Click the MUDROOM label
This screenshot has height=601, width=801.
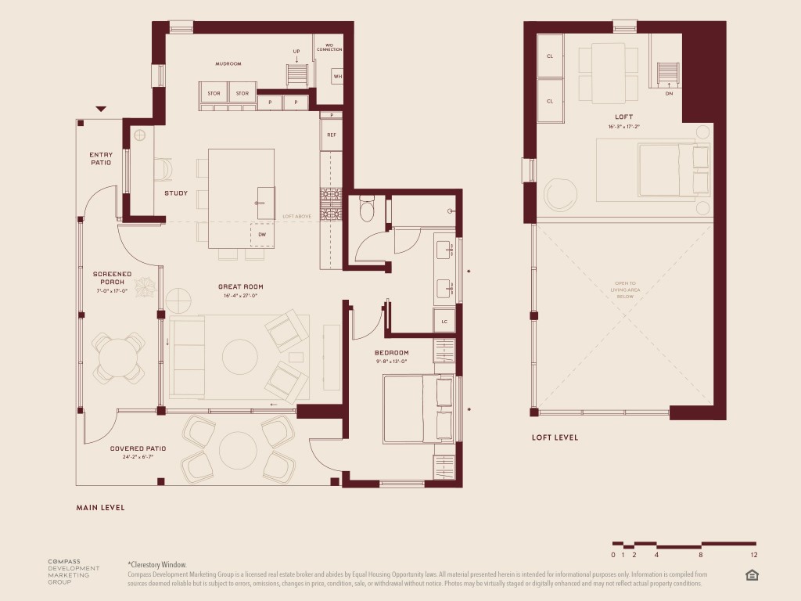(x=228, y=63)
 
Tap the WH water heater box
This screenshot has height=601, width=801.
(x=337, y=77)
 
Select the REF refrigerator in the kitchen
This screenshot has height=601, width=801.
(x=331, y=135)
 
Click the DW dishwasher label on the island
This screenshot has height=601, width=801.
(x=261, y=233)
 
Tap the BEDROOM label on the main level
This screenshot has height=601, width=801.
(x=391, y=353)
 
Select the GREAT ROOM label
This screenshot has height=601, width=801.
(x=239, y=287)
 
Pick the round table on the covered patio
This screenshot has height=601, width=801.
(x=238, y=450)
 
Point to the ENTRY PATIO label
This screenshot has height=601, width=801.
(x=100, y=158)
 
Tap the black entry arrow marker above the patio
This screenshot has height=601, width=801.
(x=100, y=110)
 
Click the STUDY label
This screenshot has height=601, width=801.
(x=176, y=193)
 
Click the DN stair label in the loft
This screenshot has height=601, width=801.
(x=669, y=93)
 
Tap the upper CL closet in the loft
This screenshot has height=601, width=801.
(x=550, y=56)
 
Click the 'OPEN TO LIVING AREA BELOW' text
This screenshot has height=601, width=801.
(x=623, y=290)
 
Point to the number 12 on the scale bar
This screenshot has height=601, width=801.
(x=754, y=555)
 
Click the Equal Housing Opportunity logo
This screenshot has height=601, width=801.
(x=753, y=575)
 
